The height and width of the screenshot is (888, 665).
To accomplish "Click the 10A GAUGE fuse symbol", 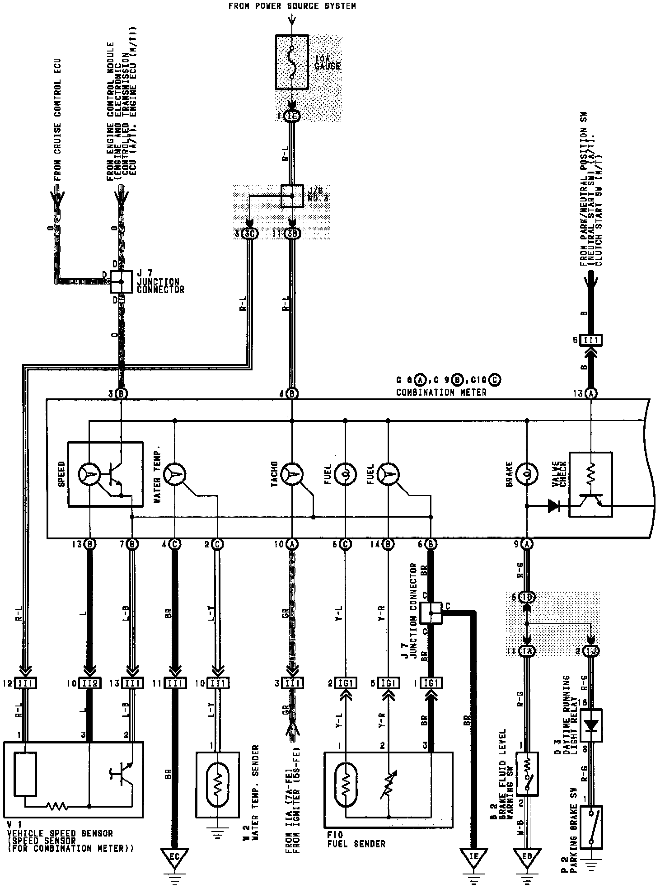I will pos(292,62).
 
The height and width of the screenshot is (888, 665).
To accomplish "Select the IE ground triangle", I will pos(473,856).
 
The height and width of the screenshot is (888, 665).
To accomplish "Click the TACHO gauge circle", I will pos(292,474).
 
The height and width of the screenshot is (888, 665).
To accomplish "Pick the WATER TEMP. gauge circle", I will pos(174,474).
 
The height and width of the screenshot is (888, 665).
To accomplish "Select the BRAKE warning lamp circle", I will pos(527,474).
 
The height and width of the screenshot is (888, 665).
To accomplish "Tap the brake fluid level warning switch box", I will pos(527,773).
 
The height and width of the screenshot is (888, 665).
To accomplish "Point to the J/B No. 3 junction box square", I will pos(292,196).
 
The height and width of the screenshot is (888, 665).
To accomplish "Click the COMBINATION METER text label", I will pos(441,393).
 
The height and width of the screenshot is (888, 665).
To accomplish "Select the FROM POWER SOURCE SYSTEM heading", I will pos(292,6).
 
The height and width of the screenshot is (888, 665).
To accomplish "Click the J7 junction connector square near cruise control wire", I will pos(121,281).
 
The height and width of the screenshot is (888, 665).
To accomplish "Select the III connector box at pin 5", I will pos(591,340).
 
